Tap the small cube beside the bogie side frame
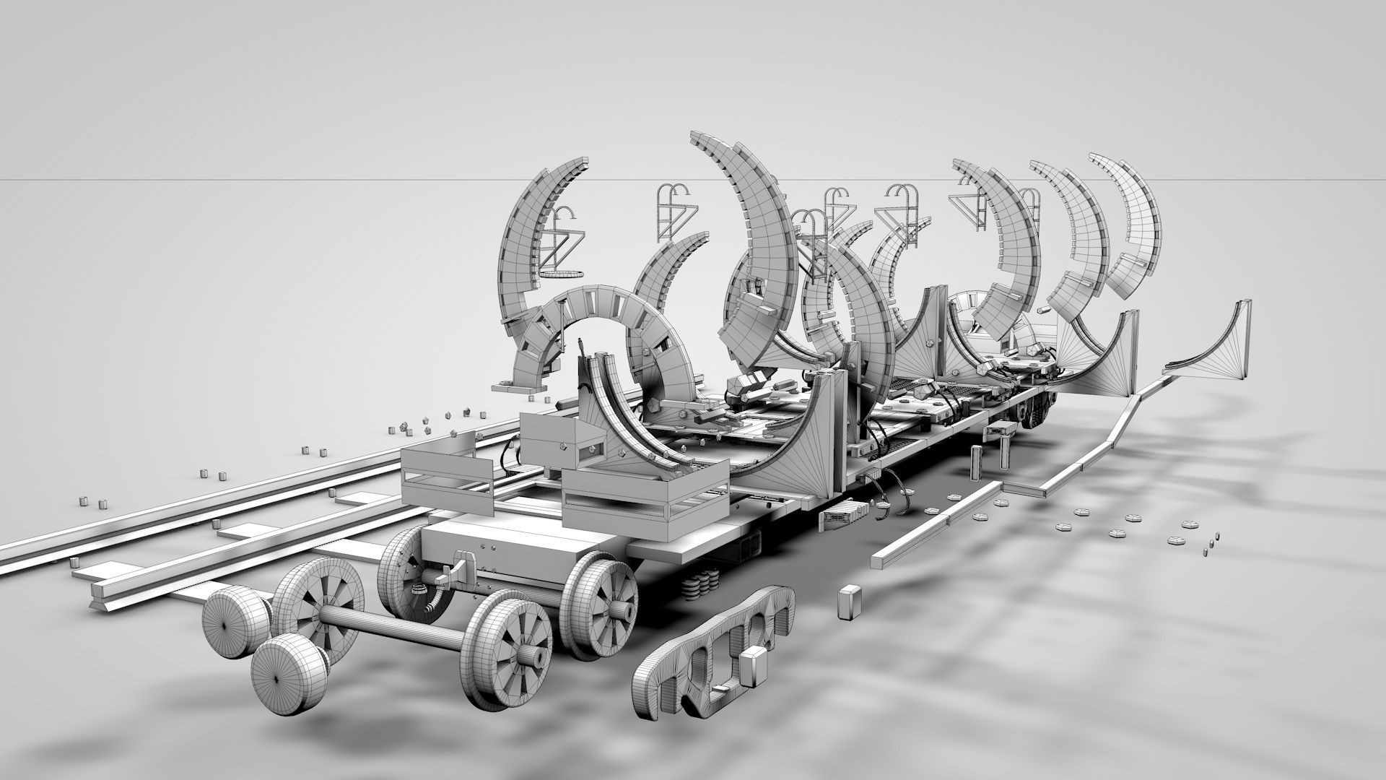tap(754, 666)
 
